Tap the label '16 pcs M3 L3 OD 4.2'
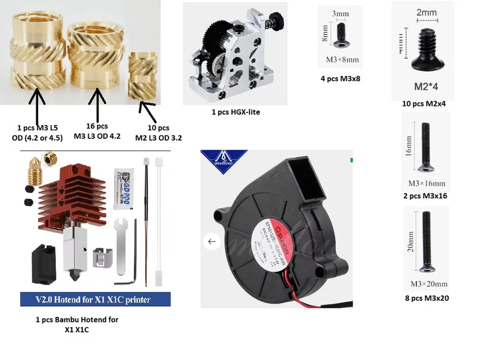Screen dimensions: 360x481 97,131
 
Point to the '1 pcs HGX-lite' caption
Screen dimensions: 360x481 236,112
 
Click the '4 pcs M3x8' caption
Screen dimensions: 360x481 340,78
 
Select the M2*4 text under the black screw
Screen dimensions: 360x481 429,87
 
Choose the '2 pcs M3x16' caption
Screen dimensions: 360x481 426,196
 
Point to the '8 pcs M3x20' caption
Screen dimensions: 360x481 426,298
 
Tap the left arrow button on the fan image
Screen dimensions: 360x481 211,241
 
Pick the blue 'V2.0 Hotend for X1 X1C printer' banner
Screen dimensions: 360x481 95,300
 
